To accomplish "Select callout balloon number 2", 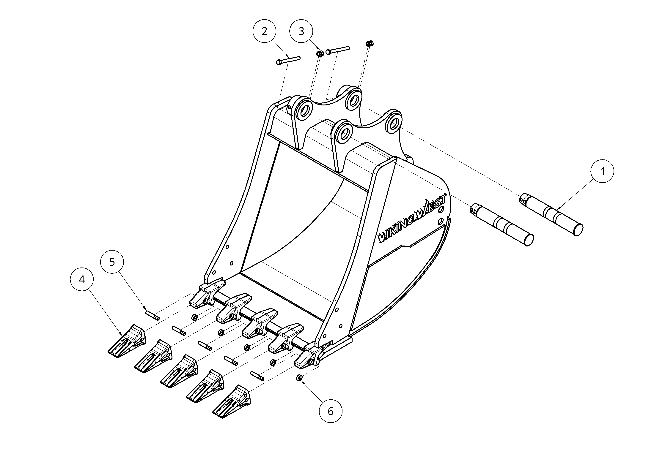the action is (264, 31).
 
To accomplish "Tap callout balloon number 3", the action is (301, 31).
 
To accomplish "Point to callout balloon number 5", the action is (112, 262).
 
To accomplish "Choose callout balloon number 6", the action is (330, 411).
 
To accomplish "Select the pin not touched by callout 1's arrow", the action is (501, 225).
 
